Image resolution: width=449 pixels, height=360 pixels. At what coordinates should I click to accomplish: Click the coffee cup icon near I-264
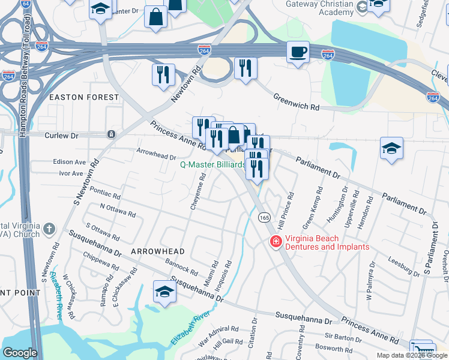click(x=297, y=52)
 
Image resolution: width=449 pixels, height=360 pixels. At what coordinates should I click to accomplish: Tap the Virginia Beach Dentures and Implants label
click(x=327, y=242)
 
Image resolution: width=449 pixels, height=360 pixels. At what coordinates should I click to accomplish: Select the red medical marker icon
click(x=276, y=242)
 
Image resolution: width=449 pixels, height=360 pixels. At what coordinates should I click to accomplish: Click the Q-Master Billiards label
click(x=212, y=164)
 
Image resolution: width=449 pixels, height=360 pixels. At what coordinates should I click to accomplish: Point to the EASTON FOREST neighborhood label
click(x=84, y=97)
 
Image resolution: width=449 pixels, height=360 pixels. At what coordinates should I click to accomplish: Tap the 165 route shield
click(x=264, y=217)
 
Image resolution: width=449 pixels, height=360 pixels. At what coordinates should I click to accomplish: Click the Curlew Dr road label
click(x=62, y=136)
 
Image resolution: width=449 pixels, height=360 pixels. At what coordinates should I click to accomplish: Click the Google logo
click(x=20, y=352)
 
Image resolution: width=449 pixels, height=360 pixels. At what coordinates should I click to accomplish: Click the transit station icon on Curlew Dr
click(x=110, y=134)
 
